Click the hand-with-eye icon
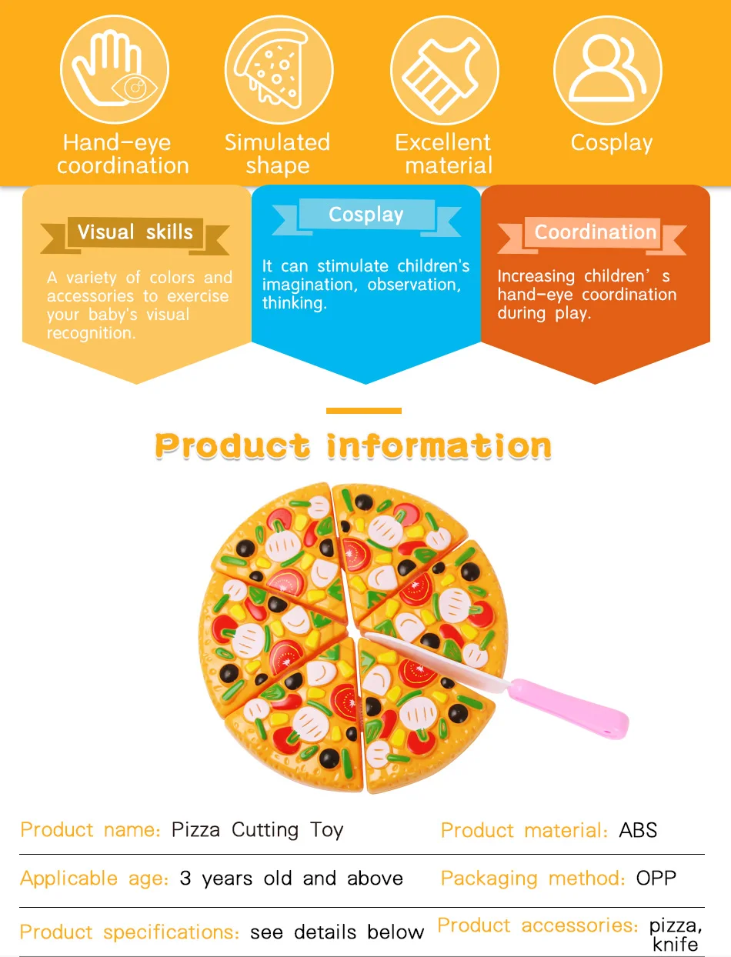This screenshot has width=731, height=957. [x=115, y=70]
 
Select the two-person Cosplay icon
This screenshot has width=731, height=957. [x=607, y=70]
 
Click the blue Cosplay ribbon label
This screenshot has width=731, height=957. [x=366, y=215]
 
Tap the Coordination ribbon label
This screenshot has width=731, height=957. [x=595, y=232]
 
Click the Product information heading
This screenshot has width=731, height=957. [x=353, y=446]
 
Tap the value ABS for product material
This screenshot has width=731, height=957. [x=638, y=831]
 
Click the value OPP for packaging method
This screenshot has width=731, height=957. [x=656, y=879]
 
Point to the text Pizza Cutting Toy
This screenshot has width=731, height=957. [x=257, y=830]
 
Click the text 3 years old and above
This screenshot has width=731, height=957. [x=291, y=879]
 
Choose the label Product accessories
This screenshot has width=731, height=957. [x=537, y=925]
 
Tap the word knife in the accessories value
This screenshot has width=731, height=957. [x=675, y=944]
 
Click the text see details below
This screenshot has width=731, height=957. [x=337, y=932]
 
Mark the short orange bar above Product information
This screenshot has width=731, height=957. [x=364, y=411]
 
